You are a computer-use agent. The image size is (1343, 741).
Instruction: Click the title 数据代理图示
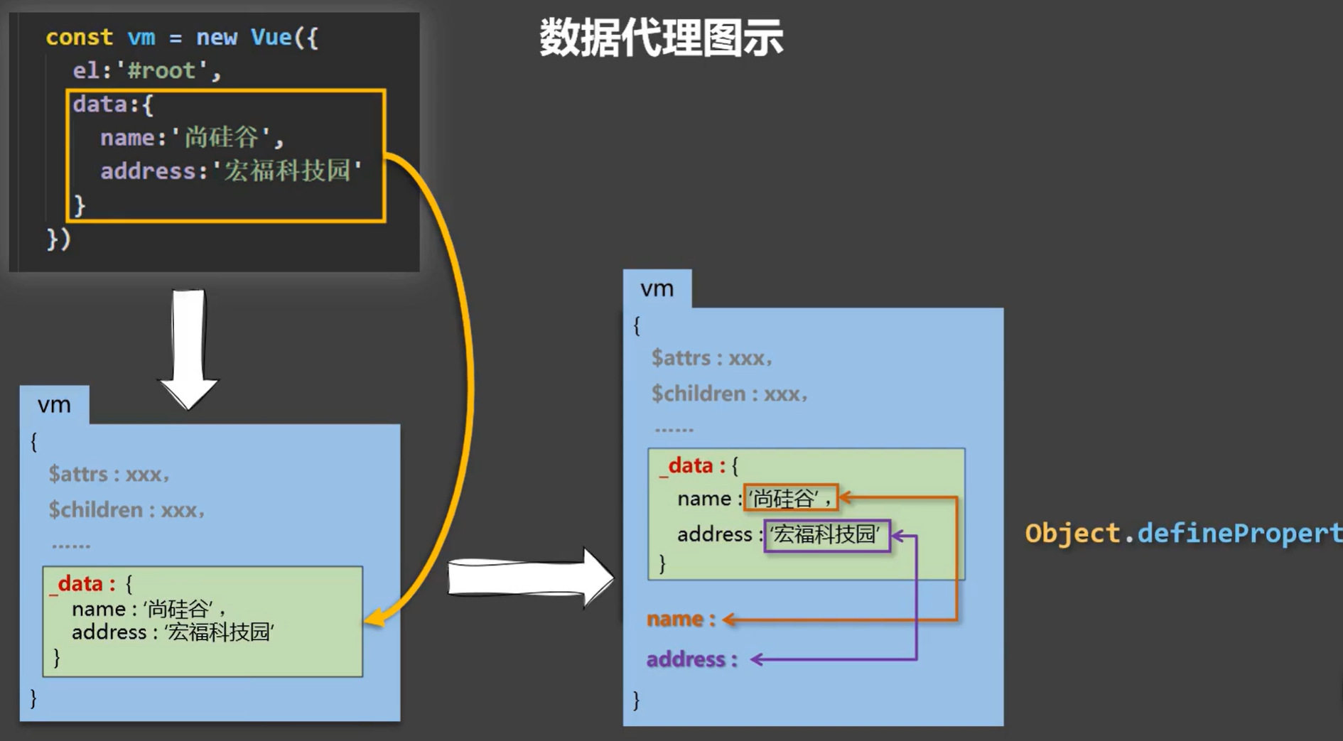pos(661,38)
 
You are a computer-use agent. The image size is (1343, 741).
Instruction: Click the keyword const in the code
pos(79,37)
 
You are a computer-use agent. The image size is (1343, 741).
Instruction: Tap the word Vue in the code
pos(271,37)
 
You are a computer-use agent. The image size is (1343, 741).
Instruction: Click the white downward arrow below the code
pos(188,349)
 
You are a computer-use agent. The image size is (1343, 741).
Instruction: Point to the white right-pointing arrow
pos(530,577)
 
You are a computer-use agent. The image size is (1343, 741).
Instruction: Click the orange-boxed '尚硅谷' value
pos(791,498)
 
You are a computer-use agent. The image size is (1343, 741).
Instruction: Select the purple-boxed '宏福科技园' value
pos(827,535)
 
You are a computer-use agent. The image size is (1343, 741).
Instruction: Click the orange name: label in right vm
pos(681,619)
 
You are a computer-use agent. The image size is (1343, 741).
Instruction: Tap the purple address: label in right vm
pos(691,659)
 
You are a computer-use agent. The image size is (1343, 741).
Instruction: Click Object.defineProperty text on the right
pos(1184,534)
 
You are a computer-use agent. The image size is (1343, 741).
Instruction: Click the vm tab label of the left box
pos(54,405)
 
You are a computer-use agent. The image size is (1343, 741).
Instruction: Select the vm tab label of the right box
pos(657,288)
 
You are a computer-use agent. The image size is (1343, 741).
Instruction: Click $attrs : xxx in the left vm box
pos(109,474)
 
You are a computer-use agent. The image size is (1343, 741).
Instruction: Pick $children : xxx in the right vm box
pos(729,394)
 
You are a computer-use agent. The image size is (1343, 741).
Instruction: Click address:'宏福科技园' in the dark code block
pos(232,171)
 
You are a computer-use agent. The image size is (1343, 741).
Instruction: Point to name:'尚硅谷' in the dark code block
pos(192,137)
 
